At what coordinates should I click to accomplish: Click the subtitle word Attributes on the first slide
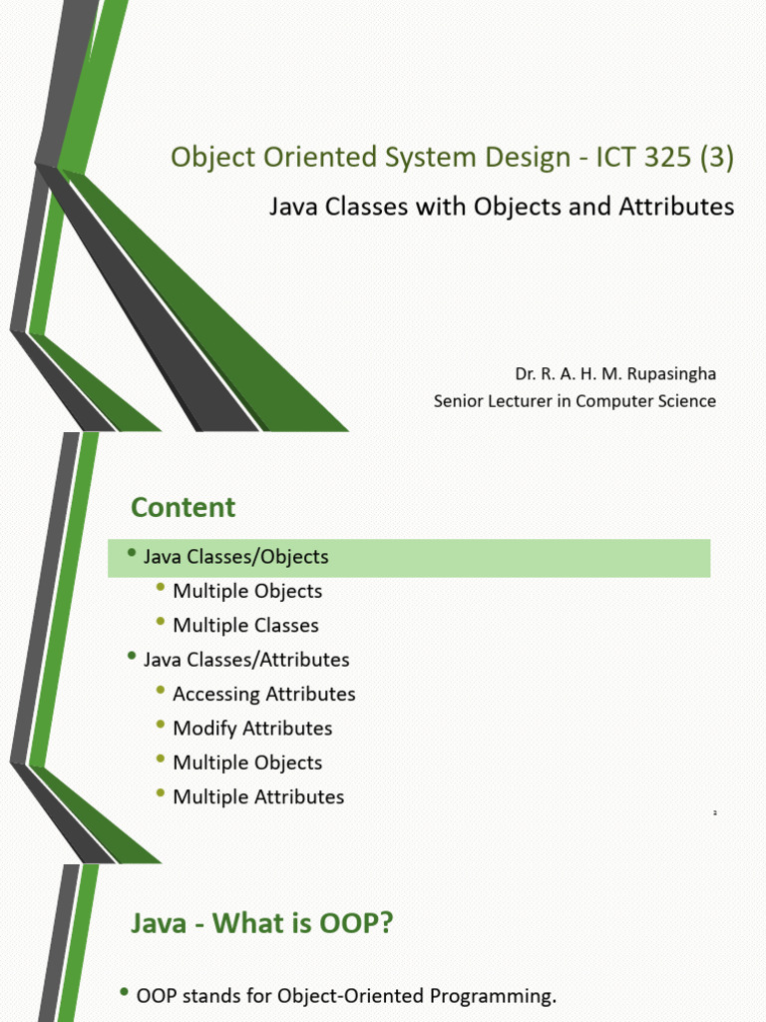[x=684, y=207]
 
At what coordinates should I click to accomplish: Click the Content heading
[x=184, y=507]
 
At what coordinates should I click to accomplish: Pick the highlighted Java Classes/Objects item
[x=236, y=557]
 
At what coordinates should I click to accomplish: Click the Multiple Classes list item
[x=245, y=626]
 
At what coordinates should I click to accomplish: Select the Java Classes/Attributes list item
[x=246, y=660]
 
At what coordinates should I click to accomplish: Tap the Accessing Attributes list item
[x=264, y=694]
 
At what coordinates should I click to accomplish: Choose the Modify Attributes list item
[x=252, y=729]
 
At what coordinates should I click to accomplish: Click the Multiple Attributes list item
[x=258, y=796]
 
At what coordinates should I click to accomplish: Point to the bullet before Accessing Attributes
[x=162, y=691]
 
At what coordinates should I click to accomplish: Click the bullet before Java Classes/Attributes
[x=132, y=656]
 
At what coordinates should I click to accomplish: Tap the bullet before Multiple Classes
[x=162, y=622]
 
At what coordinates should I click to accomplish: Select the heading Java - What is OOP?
[x=262, y=924]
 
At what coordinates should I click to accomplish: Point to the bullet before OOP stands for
[x=125, y=992]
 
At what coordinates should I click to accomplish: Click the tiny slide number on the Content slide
[x=715, y=814]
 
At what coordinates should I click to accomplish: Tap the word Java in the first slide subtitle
[x=295, y=207]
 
